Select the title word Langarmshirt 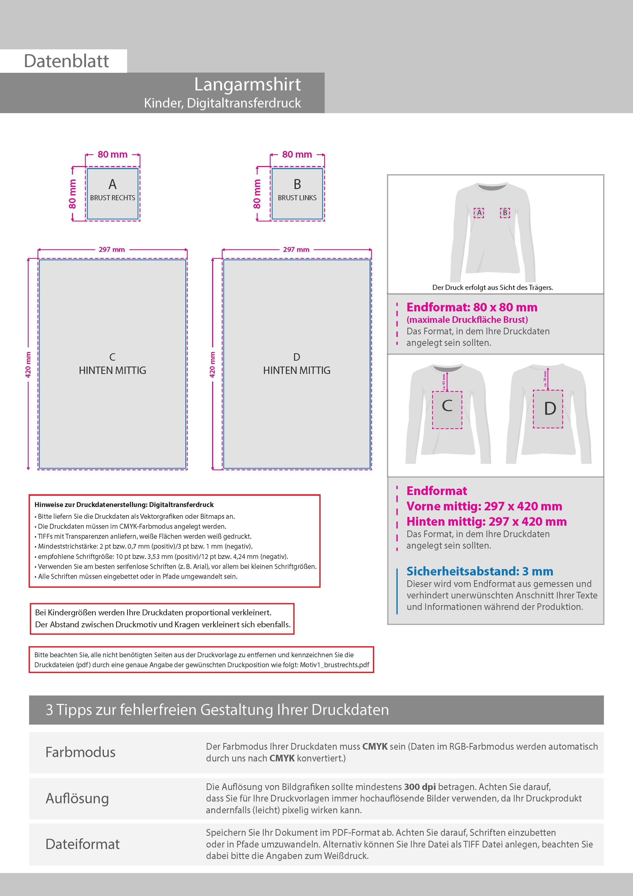point(247,84)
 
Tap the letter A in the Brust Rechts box point(112,184)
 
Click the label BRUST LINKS point(297,198)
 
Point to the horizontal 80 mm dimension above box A point(112,155)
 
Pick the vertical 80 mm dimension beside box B point(257,194)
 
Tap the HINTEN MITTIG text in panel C point(112,370)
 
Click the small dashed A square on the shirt point(479,213)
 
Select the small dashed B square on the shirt point(505,213)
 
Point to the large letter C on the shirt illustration point(447,406)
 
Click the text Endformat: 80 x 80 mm point(471,307)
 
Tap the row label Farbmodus point(80,752)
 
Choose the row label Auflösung point(77,798)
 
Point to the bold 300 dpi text point(420,787)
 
